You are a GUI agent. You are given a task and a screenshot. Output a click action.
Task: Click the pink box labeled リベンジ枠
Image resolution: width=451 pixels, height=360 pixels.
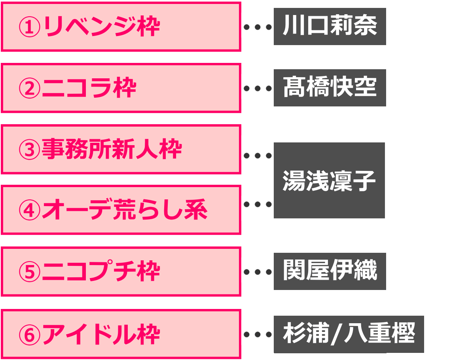pyautogui.click(x=121, y=27)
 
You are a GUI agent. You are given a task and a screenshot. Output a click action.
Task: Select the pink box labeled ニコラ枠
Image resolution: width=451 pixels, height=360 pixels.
pyautogui.click(x=121, y=88)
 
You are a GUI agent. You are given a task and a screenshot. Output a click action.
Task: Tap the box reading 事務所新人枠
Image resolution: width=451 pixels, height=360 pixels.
pyautogui.click(x=121, y=150)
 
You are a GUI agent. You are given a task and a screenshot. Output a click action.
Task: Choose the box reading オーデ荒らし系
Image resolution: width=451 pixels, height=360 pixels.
pyautogui.click(x=121, y=210)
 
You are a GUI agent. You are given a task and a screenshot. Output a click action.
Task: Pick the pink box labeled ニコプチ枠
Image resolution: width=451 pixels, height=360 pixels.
pyautogui.click(x=121, y=271)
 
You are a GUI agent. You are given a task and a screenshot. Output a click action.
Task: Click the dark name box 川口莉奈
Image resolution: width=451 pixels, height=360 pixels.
pyautogui.click(x=330, y=27)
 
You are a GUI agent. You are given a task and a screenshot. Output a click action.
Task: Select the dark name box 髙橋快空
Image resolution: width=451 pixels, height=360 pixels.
pyautogui.click(x=330, y=88)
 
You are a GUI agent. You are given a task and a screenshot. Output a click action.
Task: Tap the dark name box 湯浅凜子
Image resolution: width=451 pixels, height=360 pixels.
pyautogui.click(x=329, y=180)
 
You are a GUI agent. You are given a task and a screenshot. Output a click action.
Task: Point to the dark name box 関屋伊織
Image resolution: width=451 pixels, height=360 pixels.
pyautogui.click(x=330, y=271)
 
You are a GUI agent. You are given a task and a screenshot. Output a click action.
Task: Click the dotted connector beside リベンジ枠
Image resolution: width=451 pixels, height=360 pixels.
pyautogui.click(x=258, y=27)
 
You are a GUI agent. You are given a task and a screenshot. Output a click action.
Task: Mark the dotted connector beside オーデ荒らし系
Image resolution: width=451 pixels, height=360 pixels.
pyautogui.click(x=258, y=205)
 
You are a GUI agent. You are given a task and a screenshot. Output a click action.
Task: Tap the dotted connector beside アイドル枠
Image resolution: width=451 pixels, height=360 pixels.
pyautogui.click(x=258, y=335)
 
